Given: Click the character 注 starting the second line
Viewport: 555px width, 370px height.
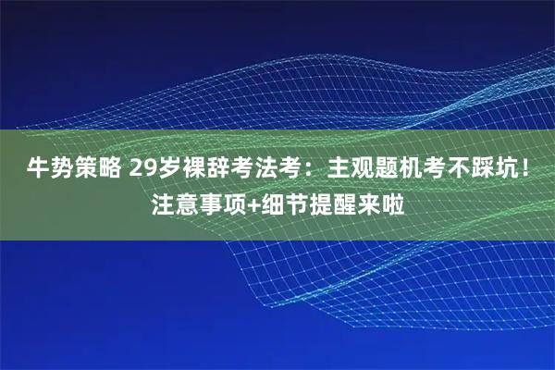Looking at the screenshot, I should pos(162,201).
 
